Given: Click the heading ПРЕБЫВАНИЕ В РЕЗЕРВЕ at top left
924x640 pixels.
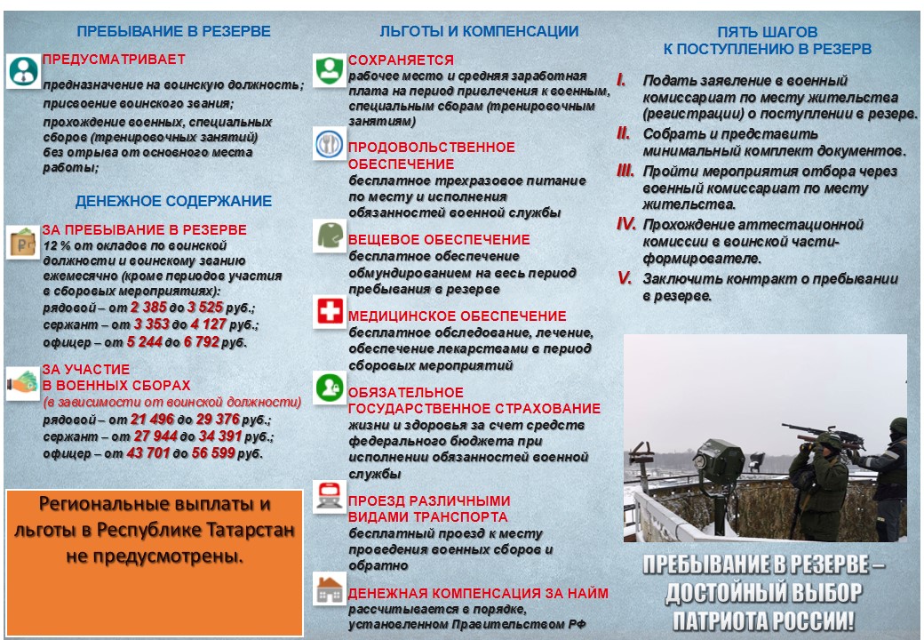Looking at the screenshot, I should (173, 31).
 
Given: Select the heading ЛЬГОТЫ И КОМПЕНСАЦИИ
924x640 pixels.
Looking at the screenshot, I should (479, 31).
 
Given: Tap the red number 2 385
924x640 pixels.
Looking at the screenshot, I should (147, 308).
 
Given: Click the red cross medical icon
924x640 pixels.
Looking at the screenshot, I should (330, 313).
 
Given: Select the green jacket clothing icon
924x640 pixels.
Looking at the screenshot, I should (330, 236).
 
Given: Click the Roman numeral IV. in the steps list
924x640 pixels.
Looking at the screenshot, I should (626, 224).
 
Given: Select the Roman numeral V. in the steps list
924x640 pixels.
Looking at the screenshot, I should (625, 278).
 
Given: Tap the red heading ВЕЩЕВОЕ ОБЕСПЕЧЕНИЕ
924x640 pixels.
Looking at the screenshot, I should (439, 240).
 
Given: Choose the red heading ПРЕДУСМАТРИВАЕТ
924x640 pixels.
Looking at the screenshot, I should (115, 60).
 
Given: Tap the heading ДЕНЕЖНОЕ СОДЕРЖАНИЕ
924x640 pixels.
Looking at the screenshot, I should (173, 202).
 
